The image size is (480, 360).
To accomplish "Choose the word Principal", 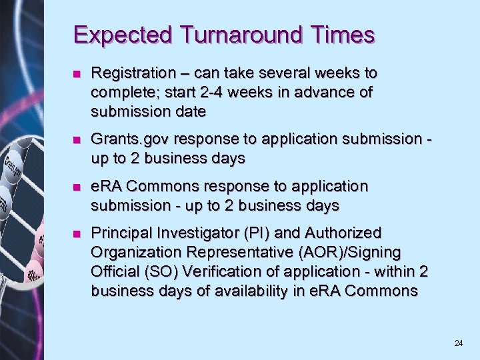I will (120, 233).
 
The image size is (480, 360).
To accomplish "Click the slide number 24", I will (458, 343).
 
